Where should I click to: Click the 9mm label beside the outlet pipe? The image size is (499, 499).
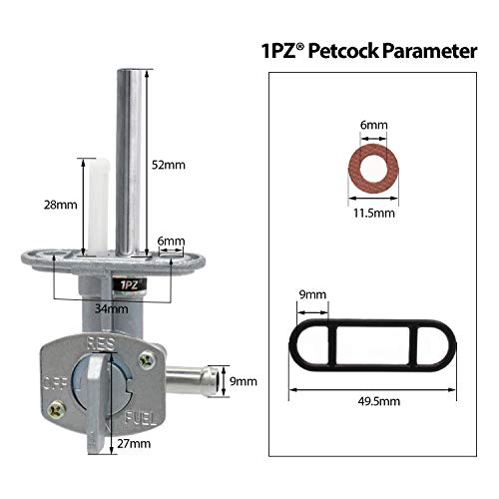pyautogui.click(x=243, y=380)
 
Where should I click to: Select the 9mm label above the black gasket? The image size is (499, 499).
pyautogui.click(x=313, y=294)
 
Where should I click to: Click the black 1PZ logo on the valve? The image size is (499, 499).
pyautogui.click(x=129, y=284)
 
